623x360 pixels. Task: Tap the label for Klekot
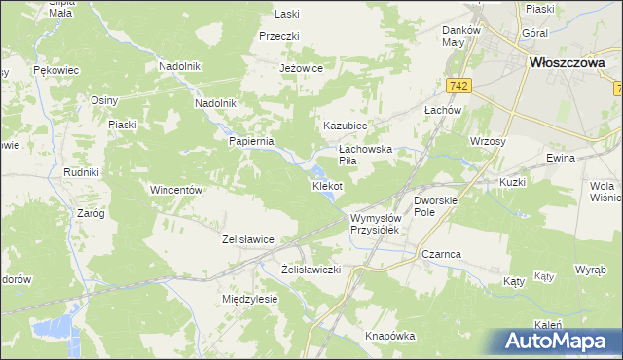327,185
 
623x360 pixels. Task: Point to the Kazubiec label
345,126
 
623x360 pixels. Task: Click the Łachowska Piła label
364,155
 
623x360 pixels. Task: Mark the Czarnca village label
441,253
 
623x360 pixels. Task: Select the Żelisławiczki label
311,269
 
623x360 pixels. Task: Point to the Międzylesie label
250,299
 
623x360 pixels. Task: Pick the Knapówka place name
390,336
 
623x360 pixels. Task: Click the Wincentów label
175,190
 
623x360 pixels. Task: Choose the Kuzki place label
512,182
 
